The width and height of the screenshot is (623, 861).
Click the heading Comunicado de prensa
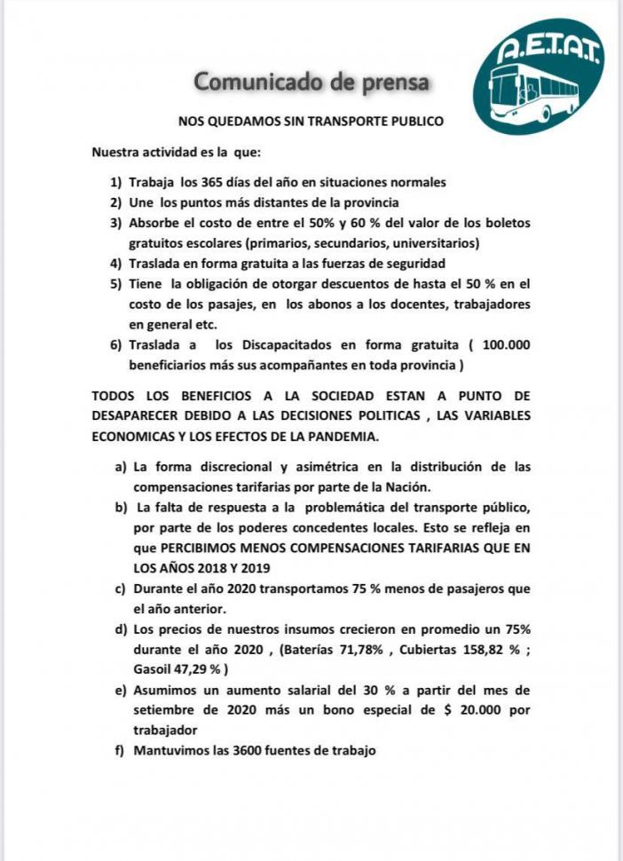311,83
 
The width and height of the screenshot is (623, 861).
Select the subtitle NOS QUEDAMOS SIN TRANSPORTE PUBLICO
311,120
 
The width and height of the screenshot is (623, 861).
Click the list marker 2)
116,201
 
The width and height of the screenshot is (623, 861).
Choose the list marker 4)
116,263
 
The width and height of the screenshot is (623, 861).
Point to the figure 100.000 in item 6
501,344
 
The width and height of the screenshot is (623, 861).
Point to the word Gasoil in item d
154,669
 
